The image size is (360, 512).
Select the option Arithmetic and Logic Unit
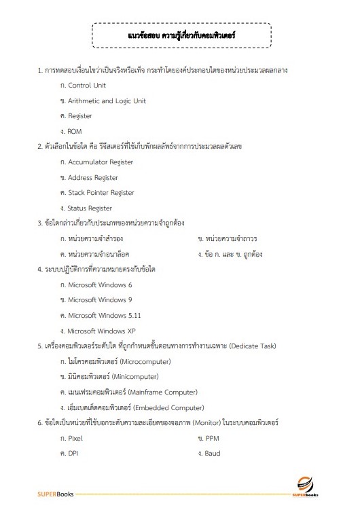click(107, 101)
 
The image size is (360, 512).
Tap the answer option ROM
click(75, 131)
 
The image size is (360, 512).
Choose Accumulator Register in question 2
click(101, 162)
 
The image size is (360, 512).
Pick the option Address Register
click(92, 177)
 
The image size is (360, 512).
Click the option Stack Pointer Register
click(101, 193)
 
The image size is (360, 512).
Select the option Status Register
click(90, 208)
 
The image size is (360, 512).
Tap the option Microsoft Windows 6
click(100, 285)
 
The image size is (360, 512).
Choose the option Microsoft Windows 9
click(100, 299)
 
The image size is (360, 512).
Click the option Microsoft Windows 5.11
click(104, 315)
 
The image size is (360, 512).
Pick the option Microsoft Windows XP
click(102, 331)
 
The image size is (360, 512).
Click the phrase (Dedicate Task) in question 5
click(245, 346)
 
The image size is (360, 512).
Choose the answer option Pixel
click(75, 438)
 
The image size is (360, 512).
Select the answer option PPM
click(211, 438)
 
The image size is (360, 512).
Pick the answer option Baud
click(212, 453)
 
